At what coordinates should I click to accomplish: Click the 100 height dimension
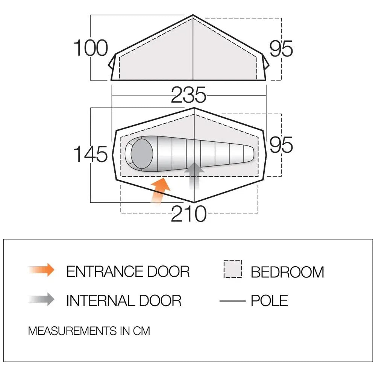coord(91,48)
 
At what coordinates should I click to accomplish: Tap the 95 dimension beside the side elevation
coord(281,49)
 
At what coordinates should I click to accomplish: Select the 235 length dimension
coord(188,95)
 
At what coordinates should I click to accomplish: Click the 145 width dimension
coord(91,154)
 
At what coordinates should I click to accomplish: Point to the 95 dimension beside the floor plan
coord(281,145)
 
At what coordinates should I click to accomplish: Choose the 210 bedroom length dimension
coord(188,214)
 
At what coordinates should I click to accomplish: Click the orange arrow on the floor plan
coord(160,191)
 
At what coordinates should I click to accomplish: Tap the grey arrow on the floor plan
coord(194,176)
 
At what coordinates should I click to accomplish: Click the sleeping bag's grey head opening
coord(142,153)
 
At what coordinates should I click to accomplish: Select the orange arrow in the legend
coord(41,270)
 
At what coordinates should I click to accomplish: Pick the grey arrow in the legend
coord(41,299)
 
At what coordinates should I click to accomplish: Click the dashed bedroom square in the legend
coord(233,269)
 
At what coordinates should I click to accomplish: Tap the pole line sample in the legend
coord(233,301)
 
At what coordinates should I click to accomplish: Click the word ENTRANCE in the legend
coord(104,271)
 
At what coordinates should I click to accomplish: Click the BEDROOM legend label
coord(287,272)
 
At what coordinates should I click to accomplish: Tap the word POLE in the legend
coord(269,301)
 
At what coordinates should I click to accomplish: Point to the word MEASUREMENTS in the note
coord(73,331)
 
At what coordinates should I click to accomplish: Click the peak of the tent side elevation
coord(193,15)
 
